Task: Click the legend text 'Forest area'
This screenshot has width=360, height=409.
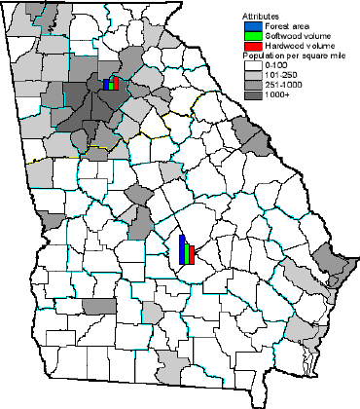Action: click(x=283, y=26)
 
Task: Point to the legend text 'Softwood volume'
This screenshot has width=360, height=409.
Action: click(x=293, y=37)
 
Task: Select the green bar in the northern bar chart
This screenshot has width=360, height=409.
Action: click(x=111, y=84)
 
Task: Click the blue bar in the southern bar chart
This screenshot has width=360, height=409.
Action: click(x=182, y=250)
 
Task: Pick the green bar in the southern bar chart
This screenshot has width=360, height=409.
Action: click(x=188, y=253)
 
